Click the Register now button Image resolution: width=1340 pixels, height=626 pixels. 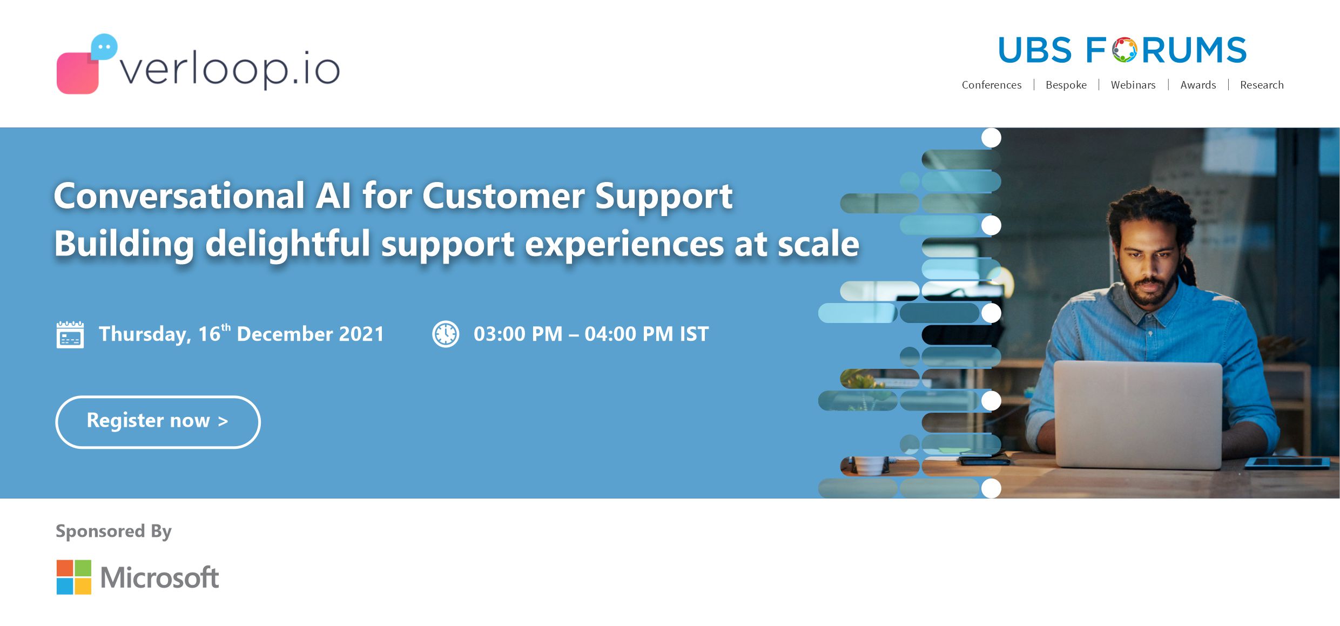pos(158,422)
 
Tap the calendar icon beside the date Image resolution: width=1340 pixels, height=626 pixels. pos(70,335)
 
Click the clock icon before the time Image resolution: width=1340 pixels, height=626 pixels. pos(446,334)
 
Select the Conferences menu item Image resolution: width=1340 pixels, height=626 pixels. pos(992,85)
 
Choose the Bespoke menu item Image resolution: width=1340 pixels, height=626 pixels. pos(1066,85)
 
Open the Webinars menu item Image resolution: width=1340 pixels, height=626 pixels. pos(1133,85)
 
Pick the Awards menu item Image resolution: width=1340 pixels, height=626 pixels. pos(1198,85)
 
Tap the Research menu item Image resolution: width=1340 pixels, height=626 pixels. pos(1262,85)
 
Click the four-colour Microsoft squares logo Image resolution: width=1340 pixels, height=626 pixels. pos(74,577)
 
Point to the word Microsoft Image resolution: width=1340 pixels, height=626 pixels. pos(160,577)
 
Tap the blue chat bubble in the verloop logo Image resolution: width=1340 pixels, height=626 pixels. pos(104,47)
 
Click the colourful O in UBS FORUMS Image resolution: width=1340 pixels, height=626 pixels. pos(1124,50)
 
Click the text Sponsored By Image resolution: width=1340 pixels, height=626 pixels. pos(113,531)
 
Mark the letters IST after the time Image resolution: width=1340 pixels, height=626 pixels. pos(694,334)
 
